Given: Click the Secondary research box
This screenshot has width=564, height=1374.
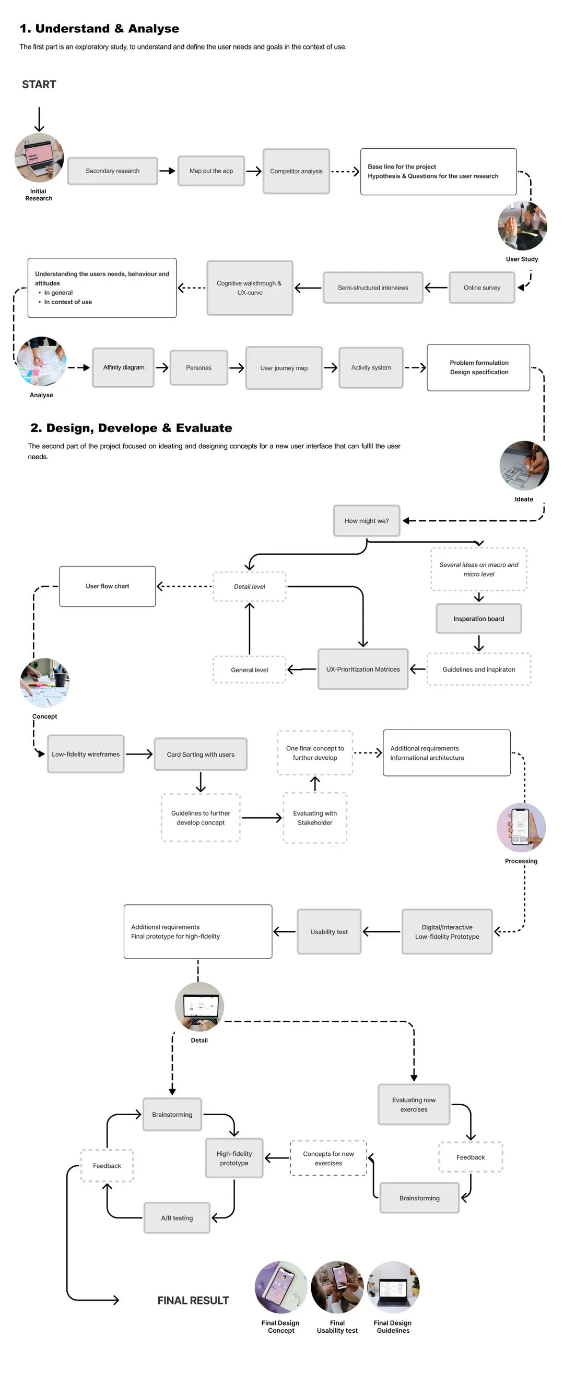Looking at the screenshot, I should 113,171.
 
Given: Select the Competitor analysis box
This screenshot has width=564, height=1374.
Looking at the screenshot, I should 296,171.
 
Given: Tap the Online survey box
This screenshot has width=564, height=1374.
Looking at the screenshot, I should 482,288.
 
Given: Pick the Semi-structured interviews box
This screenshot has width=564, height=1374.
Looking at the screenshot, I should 372,288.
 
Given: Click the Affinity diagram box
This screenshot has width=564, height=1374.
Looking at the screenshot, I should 123,367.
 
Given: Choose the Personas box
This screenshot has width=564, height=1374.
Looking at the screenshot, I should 198,367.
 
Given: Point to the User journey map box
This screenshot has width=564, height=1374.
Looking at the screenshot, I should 284,368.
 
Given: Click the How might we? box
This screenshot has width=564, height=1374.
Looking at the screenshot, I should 367,521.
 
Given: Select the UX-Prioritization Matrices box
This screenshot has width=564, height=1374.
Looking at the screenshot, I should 363,670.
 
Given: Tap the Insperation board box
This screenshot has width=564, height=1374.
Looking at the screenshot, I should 479,619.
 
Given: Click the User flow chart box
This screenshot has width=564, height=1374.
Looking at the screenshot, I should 107,586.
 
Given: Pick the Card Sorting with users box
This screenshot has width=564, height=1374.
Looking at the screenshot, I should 201,754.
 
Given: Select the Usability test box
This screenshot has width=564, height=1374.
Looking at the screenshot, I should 328,932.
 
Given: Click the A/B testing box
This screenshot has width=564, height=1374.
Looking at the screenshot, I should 177,1218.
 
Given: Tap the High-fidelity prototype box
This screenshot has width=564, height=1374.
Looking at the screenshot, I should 234,1158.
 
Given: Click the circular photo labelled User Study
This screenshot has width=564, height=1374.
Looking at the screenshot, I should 522,225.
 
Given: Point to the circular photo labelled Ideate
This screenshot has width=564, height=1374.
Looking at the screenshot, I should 524,465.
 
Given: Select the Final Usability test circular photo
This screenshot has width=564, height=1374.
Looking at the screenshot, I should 337,1286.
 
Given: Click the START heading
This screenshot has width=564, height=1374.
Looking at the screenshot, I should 39,84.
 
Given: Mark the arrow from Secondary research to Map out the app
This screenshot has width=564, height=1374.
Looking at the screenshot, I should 168,171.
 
